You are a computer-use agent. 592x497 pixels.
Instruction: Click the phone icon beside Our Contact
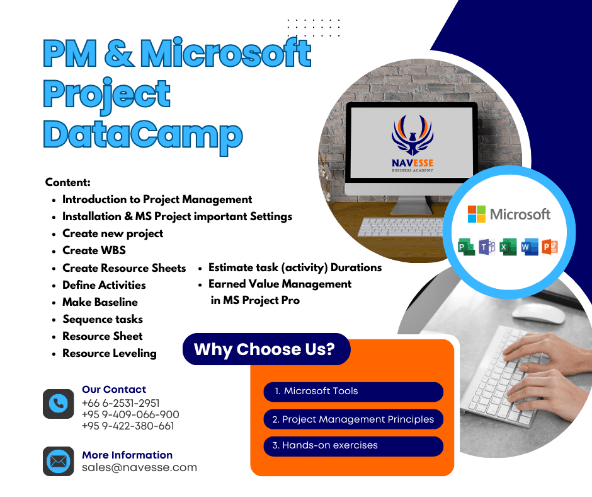58,404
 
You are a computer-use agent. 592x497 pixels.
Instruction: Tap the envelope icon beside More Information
58,461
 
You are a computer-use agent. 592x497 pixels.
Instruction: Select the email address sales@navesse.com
139,467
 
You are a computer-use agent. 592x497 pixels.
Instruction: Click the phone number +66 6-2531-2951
121,403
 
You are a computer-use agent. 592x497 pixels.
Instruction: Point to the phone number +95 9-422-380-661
128,426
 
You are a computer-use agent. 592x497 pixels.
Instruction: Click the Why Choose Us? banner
266,349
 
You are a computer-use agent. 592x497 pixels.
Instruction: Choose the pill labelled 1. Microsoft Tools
353,392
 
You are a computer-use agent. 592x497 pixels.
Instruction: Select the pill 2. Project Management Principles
353,419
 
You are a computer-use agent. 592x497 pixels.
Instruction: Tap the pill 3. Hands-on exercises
353,446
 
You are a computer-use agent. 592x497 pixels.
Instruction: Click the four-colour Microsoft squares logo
477,214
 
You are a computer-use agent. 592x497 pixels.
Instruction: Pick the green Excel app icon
508,247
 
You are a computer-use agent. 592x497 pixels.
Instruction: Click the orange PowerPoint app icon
550,247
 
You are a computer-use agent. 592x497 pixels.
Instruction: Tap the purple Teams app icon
487,247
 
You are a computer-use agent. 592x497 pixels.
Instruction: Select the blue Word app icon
529,247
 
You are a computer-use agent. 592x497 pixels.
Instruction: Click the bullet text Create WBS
94,250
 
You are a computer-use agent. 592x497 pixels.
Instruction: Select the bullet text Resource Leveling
110,353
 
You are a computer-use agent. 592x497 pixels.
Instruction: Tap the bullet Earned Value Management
280,284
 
